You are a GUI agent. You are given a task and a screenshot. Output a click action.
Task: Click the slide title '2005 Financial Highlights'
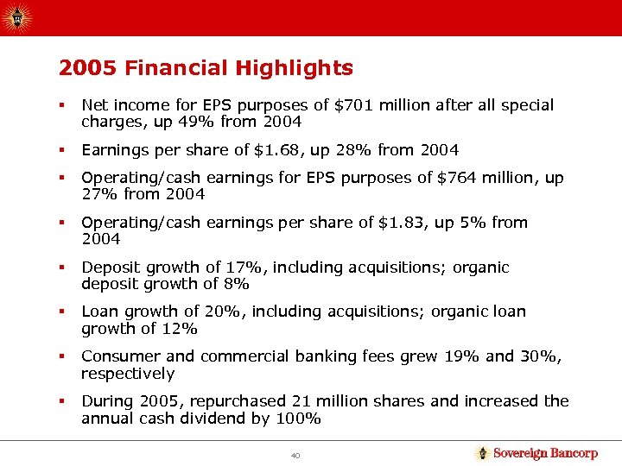(206, 68)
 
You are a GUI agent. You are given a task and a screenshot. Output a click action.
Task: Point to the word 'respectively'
(128, 374)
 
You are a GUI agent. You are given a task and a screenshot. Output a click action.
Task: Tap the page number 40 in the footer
(296, 455)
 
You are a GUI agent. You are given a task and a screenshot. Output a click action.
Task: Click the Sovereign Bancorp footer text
(544, 454)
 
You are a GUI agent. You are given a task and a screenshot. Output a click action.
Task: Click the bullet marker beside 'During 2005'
(62, 401)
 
